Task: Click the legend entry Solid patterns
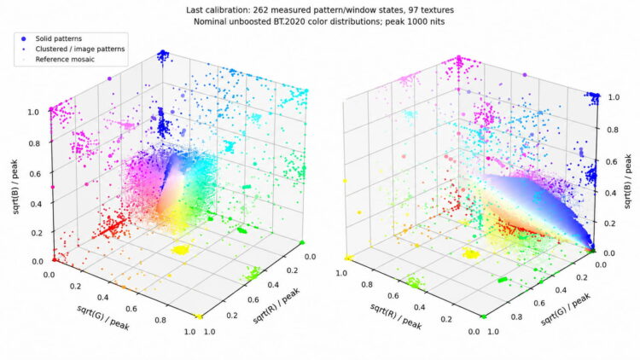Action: click(58, 38)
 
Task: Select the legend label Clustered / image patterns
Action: click(80, 49)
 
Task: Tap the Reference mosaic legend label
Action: click(65, 59)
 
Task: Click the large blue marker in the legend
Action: click(24, 38)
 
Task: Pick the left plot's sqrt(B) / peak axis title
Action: click(15, 187)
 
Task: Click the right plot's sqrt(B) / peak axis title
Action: click(628, 181)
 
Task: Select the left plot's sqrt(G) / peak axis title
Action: click(103, 317)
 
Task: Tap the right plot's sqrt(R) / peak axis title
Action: click(395, 316)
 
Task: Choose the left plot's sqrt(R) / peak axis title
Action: click(276, 305)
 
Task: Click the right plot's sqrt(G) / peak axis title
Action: click(566, 310)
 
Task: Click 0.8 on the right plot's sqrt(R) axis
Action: click(367, 284)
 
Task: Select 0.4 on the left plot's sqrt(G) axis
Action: click(103, 297)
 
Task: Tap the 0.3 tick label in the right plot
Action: click(516, 316)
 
